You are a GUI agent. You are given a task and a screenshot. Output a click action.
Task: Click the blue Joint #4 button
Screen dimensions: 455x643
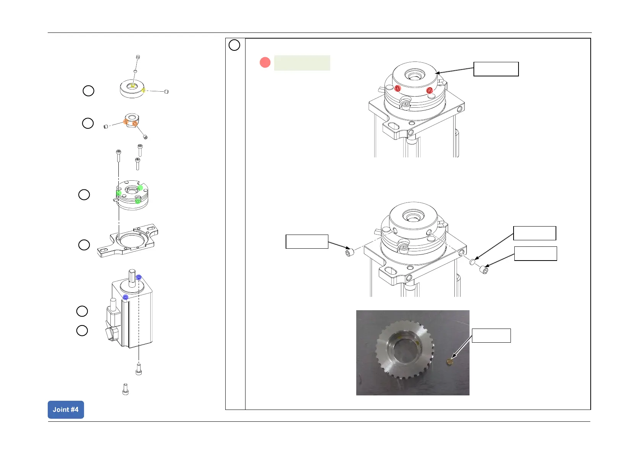tap(66, 410)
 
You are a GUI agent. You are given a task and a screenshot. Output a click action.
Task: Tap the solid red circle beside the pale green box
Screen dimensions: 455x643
tap(265, 62)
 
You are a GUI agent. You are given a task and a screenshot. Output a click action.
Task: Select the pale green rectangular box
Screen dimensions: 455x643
tap(302, 63)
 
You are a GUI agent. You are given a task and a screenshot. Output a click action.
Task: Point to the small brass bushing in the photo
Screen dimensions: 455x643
tap(450, 361)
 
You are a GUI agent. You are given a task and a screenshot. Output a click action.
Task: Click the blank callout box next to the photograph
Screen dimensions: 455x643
tap(491, 335)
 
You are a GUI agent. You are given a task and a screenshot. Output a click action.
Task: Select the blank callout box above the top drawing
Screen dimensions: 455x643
tap(496, 69)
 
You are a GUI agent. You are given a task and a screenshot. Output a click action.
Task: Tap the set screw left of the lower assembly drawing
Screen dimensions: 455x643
tap(349, 253)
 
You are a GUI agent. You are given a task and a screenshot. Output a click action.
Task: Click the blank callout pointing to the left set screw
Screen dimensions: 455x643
tap(307, 241)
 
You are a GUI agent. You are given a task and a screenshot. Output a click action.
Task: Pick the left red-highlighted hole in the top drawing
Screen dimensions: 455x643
tap(397, 89)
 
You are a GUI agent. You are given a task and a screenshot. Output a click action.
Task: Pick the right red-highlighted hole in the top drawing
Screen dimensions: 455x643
tap(429, 90)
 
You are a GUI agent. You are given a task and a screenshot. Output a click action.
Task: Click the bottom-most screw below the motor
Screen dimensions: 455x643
tap(125, 389)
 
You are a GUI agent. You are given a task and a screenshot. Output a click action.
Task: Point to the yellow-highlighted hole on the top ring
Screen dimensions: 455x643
tap(132, 86)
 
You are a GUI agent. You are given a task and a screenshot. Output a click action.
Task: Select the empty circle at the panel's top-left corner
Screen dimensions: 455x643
tap(234, 45)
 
